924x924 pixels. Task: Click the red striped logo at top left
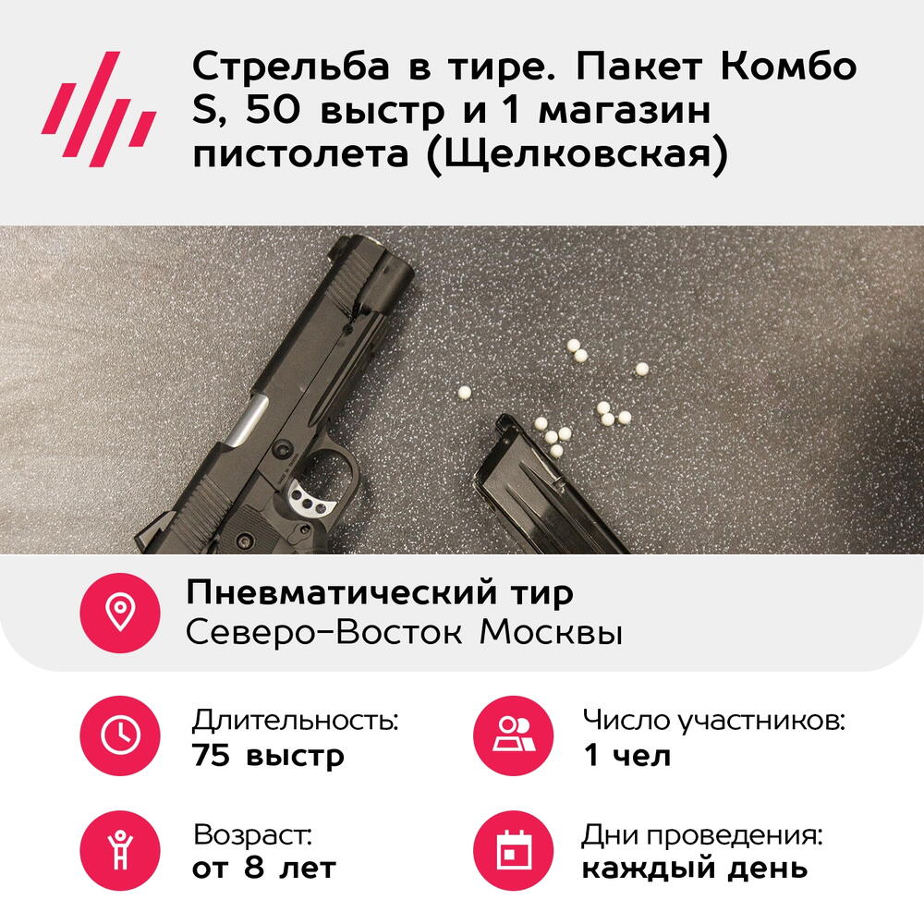point(99,110)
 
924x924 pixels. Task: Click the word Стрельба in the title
point(290,66)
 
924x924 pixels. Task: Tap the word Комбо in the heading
point(788,66)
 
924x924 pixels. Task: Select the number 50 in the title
point(273,110)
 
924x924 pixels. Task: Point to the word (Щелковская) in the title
point(577,154)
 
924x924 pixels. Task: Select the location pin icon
point(120,613)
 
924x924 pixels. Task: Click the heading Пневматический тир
point(380,592)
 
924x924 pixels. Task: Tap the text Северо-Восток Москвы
point(405,632)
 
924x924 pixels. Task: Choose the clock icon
point(120,736)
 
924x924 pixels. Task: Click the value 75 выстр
point(268,756)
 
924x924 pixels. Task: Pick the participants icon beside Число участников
point(514,736)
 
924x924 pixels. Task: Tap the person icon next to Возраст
point(120,850)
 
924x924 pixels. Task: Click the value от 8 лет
point(264,868)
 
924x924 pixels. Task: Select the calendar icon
point(514,850)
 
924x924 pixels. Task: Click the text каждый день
point(695,869)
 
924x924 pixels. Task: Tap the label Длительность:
point(296,720)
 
